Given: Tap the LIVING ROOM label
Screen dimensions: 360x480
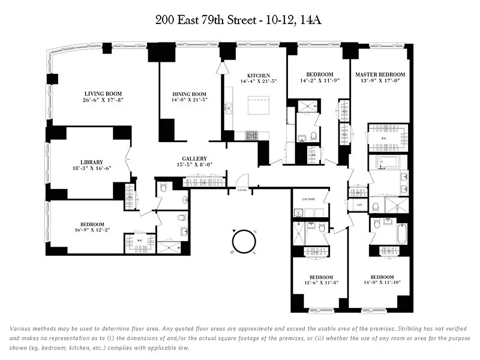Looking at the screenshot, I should (103, 94).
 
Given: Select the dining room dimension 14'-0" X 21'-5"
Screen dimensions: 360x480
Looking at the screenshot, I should (190, 100).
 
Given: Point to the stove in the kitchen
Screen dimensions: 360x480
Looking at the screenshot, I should (251, 135).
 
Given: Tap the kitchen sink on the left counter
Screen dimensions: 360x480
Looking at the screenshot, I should (229, 108).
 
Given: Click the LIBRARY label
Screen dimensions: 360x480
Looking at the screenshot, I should (92, 162).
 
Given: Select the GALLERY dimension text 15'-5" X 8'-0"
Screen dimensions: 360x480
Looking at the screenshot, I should (194, 165).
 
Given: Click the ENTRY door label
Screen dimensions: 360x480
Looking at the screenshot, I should (243, 191).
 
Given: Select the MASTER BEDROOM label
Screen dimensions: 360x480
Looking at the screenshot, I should (380, 75).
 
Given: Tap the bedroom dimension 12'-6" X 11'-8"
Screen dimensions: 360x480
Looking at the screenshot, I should (321, 283).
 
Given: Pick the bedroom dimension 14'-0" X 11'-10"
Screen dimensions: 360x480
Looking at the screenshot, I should (382, 283).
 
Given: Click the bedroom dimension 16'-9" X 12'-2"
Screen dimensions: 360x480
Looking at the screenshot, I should (92, 230).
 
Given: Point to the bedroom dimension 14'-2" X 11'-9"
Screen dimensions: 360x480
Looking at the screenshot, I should (319, 81).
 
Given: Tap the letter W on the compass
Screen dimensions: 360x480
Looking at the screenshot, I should (232, 252).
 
